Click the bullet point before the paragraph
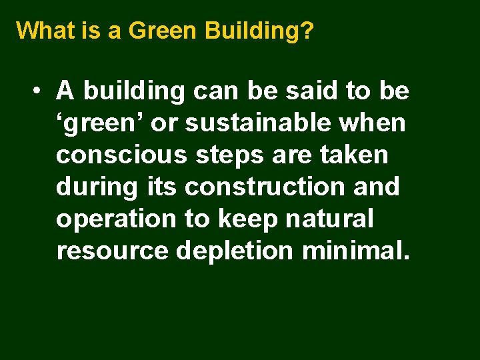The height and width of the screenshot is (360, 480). pos(41,90)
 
